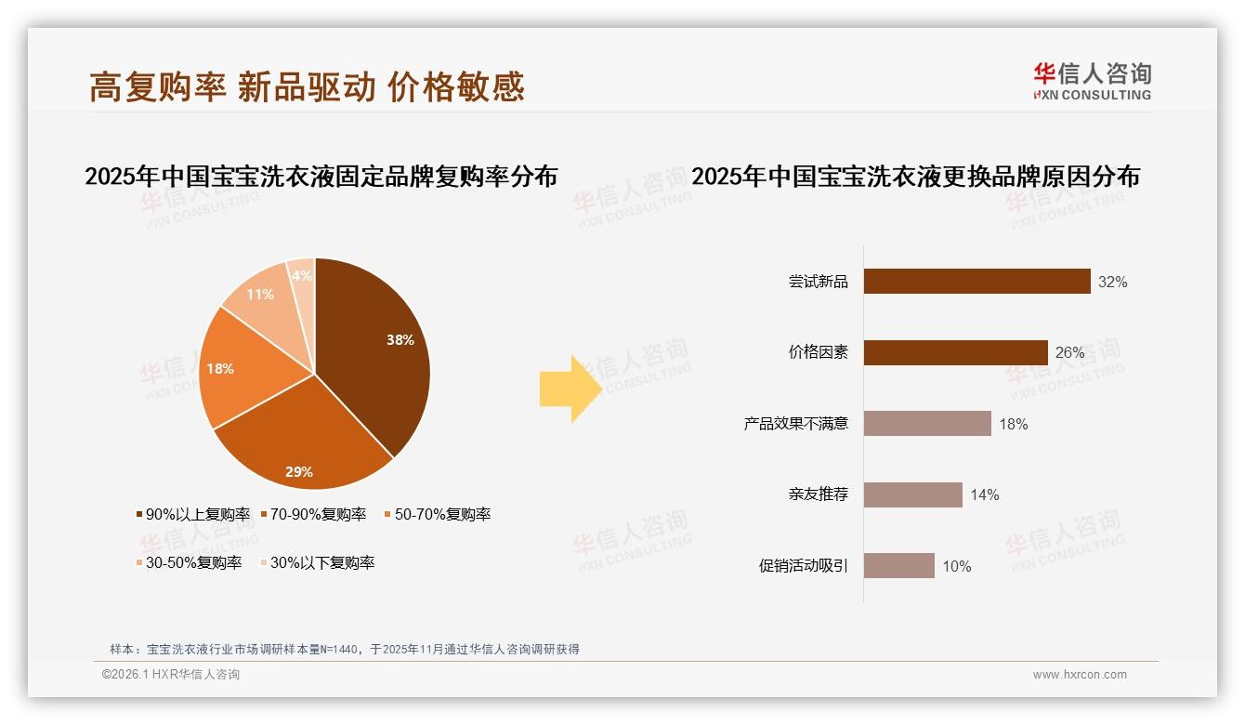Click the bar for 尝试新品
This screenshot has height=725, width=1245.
coord(976,282)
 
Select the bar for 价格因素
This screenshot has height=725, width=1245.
coord(955,353)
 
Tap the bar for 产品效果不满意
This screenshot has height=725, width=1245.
coord(927,424)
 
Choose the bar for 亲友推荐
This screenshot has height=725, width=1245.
coord(912,494)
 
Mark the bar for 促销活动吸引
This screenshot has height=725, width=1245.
coord(898,566)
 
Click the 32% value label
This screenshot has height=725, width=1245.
coord(1112,282)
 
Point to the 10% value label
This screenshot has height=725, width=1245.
coord(956,566)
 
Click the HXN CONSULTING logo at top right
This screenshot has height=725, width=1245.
coord(1092,82)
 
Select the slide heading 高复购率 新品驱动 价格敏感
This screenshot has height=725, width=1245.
coord(307,86)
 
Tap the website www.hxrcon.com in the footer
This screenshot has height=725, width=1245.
coord(1080,675)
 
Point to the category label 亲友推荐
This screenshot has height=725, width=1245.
coord(818,494)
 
